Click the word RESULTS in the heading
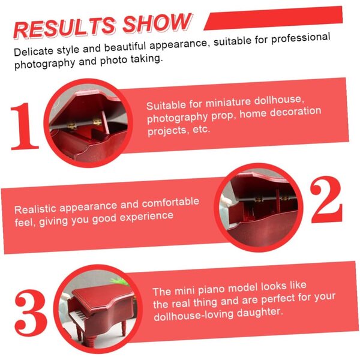point(65,28)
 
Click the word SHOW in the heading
point(157,23)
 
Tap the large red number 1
point(24,126)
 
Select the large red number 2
point(326,199)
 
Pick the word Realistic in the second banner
point(35,209)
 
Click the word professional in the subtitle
point(301,38)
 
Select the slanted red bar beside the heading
point(273,18)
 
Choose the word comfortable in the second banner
point(170,202)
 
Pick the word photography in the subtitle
point(44,64)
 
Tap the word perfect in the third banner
point(278,299)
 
